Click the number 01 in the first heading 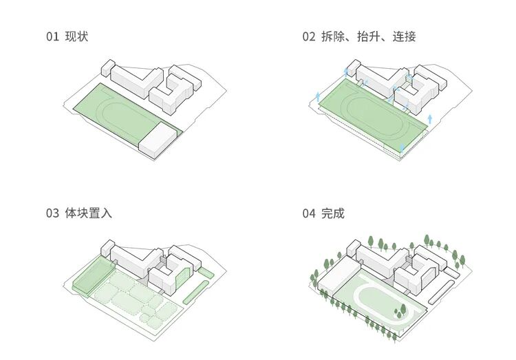click(53, 36)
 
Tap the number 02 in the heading click(308, 36)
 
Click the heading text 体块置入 click(89, 213)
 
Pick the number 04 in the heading click(308, 213)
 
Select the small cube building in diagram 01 click(107, 67)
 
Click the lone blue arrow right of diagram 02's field click(430, 118)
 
